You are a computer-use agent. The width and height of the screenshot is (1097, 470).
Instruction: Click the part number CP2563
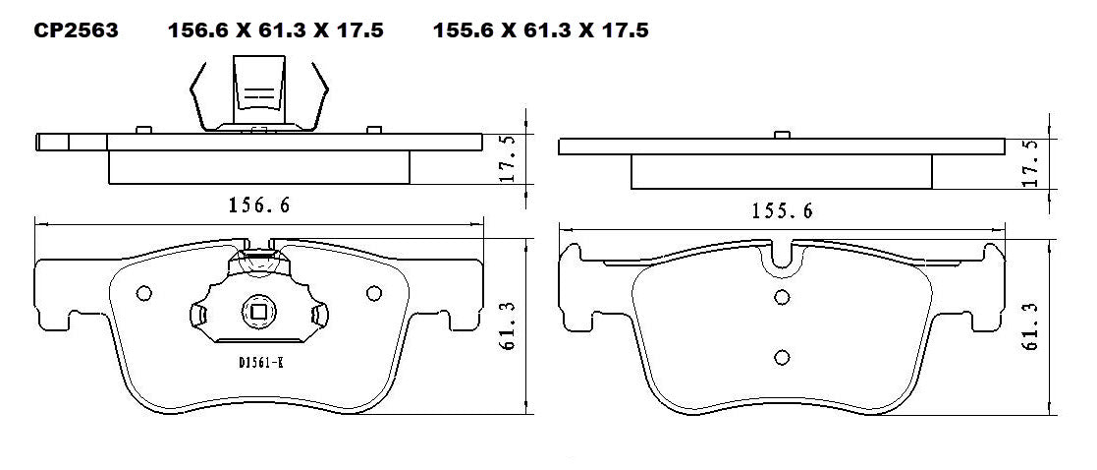pos(76,30)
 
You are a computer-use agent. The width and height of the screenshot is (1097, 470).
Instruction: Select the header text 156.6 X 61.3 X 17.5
pos(275,30)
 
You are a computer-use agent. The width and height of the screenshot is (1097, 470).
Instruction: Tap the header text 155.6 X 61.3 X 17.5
pos(540,30)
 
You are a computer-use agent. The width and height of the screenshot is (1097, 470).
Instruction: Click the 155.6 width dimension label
pos(782,209)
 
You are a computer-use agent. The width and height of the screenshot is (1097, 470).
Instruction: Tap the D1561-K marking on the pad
pos(260,363)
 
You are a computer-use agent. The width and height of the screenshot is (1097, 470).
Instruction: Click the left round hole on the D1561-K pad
pos(143,292)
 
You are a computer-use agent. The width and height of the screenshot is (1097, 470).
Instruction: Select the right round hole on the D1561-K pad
pos(373,292)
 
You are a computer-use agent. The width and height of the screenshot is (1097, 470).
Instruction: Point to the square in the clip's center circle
pos(258,314)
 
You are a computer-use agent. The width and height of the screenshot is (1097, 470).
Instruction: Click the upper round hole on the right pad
pos(782,298)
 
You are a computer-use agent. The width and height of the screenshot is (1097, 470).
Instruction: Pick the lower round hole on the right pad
pos(782,357)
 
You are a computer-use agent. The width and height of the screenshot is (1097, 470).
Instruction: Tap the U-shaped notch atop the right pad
pos(782,258)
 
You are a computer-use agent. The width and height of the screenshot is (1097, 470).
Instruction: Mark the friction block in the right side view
pos(781,172)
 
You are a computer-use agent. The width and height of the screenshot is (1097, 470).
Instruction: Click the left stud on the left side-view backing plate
pos(143,129)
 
